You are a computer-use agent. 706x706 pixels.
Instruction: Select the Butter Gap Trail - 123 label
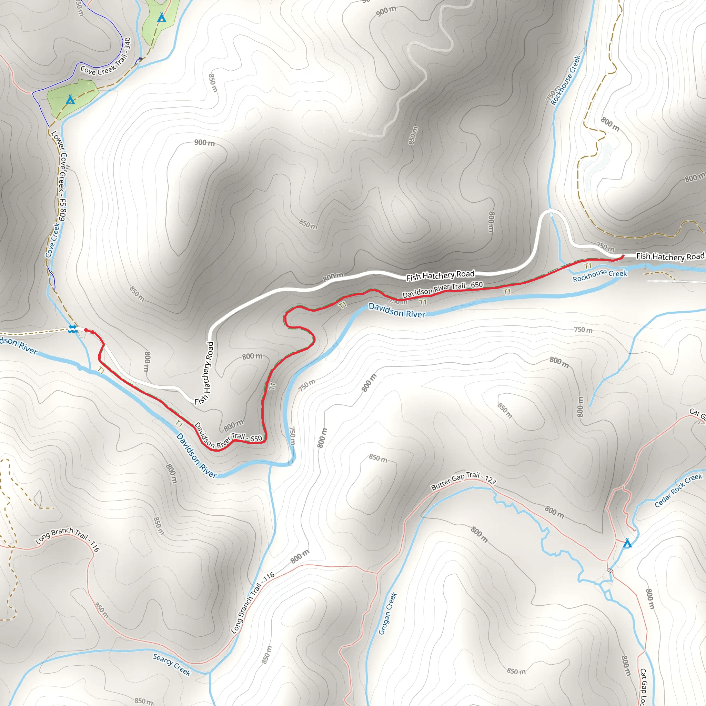(463, 481)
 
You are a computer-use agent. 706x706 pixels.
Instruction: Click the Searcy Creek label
(172, 665)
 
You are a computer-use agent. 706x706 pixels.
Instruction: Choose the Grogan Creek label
(387, 614)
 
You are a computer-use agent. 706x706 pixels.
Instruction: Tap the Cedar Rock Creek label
(678, 491)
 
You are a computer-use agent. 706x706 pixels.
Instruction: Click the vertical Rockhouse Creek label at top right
(565, 80)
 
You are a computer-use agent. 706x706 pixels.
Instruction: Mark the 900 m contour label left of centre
(204, 142)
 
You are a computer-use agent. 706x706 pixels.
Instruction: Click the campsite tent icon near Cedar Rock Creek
(627, 543)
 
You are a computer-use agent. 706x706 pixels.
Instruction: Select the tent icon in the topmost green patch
(162, 17)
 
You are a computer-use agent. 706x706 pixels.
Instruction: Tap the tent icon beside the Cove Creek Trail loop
(70, 99)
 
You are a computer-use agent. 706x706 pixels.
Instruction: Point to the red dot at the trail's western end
(86, 330)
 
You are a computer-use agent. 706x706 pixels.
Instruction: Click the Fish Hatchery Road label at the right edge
(670, 256)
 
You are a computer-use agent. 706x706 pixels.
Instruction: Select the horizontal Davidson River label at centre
(397, 310)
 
